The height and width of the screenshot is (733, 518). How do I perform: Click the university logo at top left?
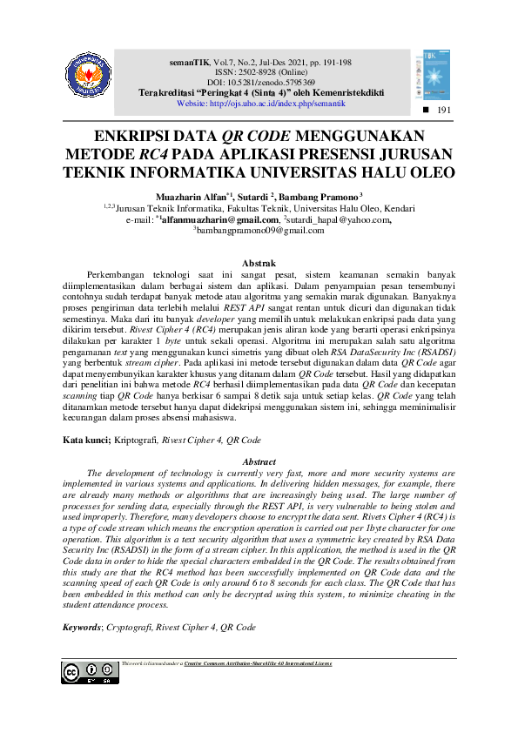[91, 77]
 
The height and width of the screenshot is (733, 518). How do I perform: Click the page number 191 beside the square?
[444, 111]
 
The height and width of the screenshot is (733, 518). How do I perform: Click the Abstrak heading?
[259, 263]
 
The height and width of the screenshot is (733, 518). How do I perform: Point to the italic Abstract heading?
[259, 461]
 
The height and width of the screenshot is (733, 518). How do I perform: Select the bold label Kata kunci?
[85, 441]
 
